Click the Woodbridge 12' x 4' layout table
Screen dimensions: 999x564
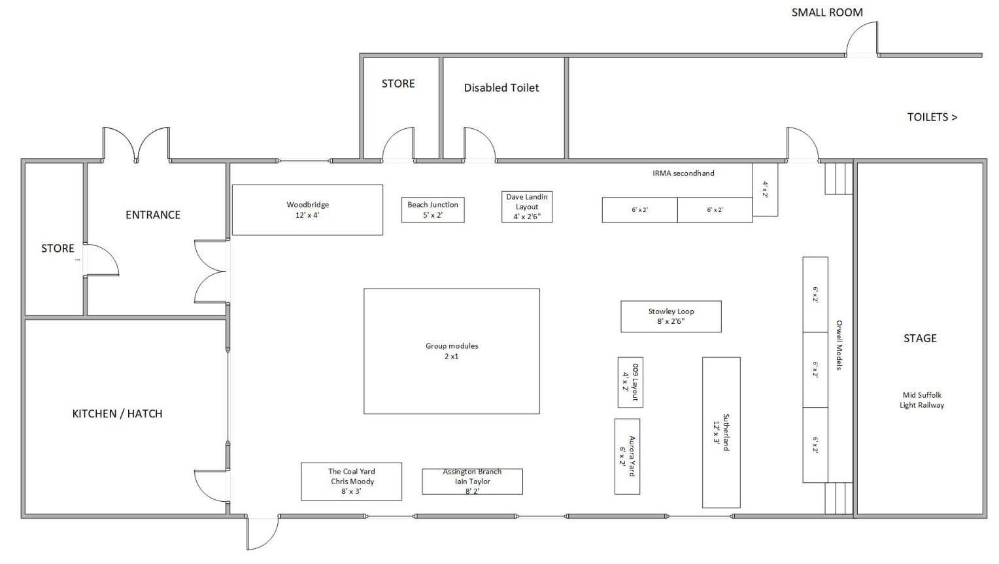coord(307,210)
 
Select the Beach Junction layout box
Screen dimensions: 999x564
coord(433,210)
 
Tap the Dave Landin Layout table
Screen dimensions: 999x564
coord(527,207)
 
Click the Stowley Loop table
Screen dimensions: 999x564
coord(671,317)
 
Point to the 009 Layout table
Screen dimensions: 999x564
coord(630,382)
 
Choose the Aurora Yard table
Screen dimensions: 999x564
coord(627,457)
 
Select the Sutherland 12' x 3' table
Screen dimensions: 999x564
coord(721,432)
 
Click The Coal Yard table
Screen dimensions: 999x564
coord(352,482)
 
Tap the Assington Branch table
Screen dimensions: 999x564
coord(472,482)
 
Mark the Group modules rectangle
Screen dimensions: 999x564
coord(452,351)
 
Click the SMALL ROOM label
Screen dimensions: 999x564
coord(827,12)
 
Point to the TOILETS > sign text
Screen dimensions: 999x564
coord(932,117)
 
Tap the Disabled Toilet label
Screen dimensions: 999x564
coord(501,88)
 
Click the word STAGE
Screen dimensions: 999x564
coord(920,338)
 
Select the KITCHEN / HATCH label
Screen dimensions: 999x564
coord(117,414)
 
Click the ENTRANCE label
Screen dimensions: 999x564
coord(153,215)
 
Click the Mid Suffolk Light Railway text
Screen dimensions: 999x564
coord(922,400)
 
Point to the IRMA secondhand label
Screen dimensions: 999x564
coord(683,173)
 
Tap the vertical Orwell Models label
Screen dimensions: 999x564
coord(839,345)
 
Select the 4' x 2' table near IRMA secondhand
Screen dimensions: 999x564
coord(766,190)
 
